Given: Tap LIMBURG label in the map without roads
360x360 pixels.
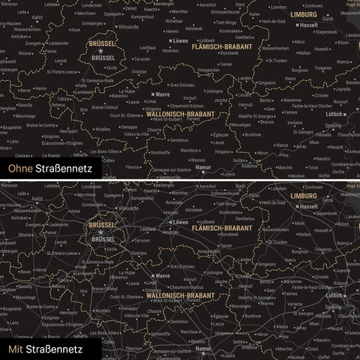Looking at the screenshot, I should click(x=303, y=15).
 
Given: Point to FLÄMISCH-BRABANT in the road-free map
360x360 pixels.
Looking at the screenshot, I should click(x=222, y=46).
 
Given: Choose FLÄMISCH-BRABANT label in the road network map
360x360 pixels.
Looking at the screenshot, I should click(x=222, y=227).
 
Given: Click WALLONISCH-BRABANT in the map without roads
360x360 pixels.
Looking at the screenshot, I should click(x=181, y=114).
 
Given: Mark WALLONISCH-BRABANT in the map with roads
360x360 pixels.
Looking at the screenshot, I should click(x=181, y=295).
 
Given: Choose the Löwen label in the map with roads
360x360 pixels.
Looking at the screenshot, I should click(x=181, y=223).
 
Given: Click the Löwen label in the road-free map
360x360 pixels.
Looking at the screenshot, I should click(x=181, y=43).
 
